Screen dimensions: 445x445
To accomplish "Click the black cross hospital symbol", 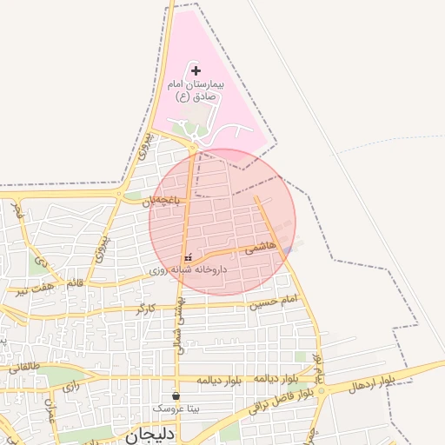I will pyautogui.click(x=195, y=70).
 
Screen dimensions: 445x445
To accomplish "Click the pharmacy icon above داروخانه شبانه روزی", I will pyautogui.click(x=188, y=259).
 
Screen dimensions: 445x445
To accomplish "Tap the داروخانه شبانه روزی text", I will pyautogui.click(x=187, y=270).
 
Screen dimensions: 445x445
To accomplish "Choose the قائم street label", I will pyautogui.click(x=75, y=283).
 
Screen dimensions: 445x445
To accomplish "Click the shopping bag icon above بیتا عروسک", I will pyautogui.click(x=176, y=395).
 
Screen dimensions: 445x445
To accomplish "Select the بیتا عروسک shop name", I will pyautogui.click(x=176, y=407).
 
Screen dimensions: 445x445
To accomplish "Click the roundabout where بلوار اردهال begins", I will pyautogui.click(x=322, y=391).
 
